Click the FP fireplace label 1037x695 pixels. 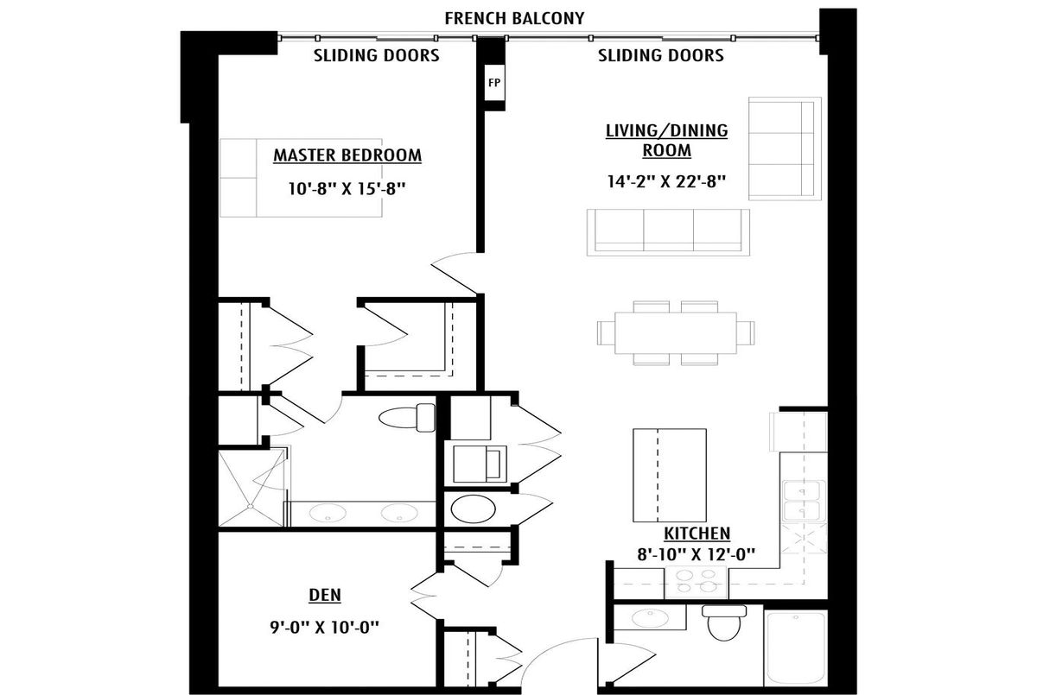click(494, 83)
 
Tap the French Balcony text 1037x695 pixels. click(514, 18)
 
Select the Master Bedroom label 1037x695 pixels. click(347, 155)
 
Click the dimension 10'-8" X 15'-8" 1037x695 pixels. click(347, 189)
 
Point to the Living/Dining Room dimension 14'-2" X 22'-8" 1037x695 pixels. click(666, 181)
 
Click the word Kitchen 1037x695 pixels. click(697, 534)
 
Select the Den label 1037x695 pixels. click(325, 595)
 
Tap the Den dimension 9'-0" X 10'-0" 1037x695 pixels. click(324, 628)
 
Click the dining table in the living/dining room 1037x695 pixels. click(676, 333)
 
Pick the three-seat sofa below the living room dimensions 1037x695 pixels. click(668, 232)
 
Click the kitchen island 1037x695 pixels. click(670, 476)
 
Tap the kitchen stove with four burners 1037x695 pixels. click(696, 582)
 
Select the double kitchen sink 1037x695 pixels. click(804, 502)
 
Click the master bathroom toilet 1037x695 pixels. click(407, 418)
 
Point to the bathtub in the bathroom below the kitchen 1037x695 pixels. click(795, 648)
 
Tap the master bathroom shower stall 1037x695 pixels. click(252, 488)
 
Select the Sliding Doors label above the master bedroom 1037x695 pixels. click(377, 55)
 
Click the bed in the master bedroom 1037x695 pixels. click(301, 178)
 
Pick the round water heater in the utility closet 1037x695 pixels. click(474, 509)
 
